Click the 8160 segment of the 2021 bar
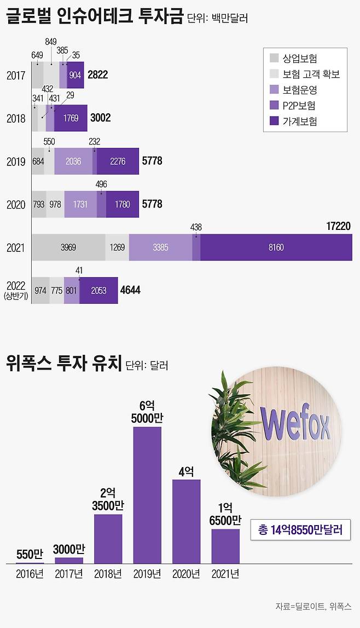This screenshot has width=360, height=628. click(x=276, y=247)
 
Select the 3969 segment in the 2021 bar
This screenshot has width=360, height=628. click(x=68, y=247)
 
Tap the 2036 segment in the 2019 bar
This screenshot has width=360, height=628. click(x=73, y=161)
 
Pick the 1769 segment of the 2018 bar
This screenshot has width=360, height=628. click(x=71, y=118)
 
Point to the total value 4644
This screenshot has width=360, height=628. click(x=130, y=290)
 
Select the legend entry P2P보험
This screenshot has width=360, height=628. click(x=299, y=105)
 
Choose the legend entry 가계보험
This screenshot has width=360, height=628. click(x=299, y=121)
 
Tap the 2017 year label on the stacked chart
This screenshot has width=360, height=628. click(x=16, y=75)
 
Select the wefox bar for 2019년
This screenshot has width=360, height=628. click(x=147, y=495)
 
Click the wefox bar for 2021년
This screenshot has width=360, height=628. click(x=225, y=546)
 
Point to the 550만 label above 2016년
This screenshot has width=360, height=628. click(x=30, y=554)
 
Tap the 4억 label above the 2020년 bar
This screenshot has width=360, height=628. click(x=187, y=471)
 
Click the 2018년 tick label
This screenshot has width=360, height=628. click(x=108, y=574)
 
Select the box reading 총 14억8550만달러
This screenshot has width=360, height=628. click(x=300, y=530)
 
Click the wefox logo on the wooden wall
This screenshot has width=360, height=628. click(x=295, y=424)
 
